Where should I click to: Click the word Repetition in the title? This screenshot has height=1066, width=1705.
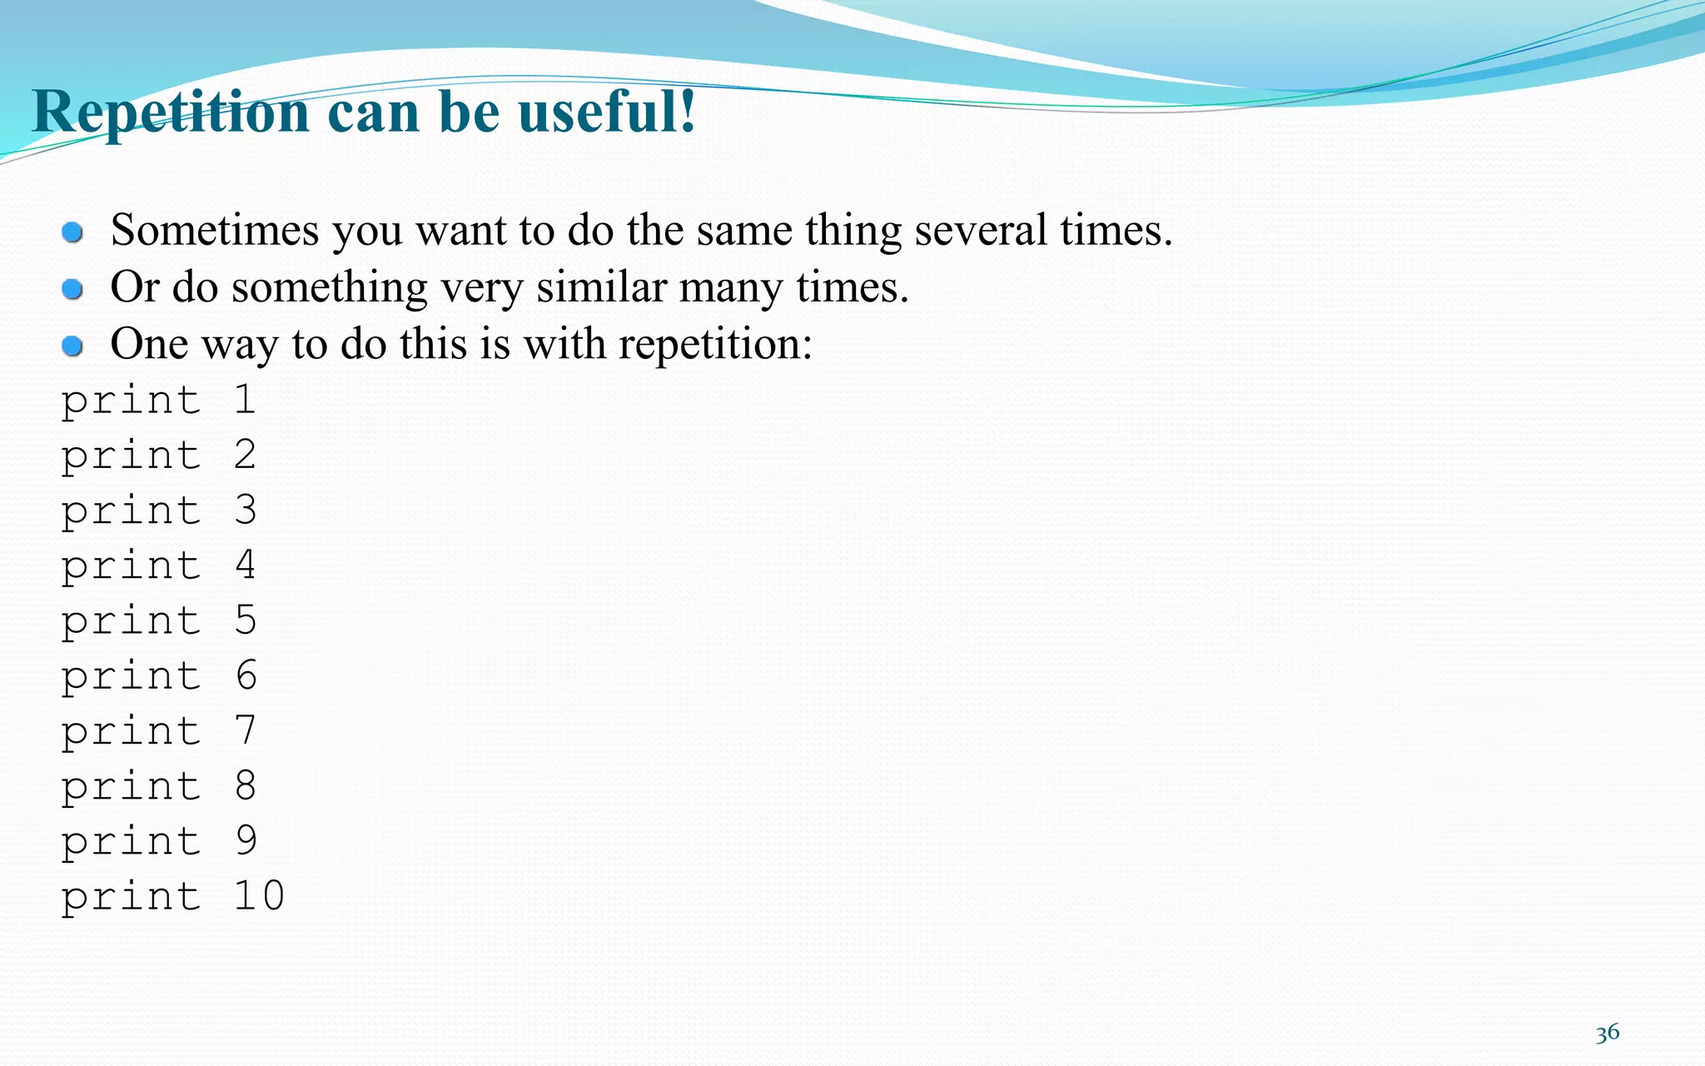pyautogui.click(x=171, y=112)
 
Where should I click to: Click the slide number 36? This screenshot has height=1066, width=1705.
pyautogui.click(x=1607, y=1034)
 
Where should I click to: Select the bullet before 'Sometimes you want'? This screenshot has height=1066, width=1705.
pyautogui.click(x=72, y=232)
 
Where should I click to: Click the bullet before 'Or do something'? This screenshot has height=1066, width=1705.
pyautogui.click(x=72, y=289)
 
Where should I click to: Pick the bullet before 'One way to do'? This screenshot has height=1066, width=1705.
pyautogui.click(x=72, y=346)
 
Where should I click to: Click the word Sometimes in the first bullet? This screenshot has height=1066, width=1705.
pyautogui.click(x=215, y=231)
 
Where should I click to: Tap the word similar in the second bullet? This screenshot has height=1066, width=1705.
pyautogui.click(x=601, y=287)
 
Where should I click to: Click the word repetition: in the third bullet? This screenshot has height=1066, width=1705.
pyautogui.click(x=715, y=344)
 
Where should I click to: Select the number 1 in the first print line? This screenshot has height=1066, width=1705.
pyautogui.click(x=244, y=400)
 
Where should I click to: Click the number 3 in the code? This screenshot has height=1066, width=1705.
pyautogui.click(x=245, y=510)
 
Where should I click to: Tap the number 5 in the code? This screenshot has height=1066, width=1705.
pyautogui.click(x=245, y=620)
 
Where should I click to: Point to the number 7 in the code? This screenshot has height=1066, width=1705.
pyautogui.click(x=245, y=730)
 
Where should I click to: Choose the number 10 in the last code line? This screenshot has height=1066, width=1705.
pyautogui.click(x=259, y=896)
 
